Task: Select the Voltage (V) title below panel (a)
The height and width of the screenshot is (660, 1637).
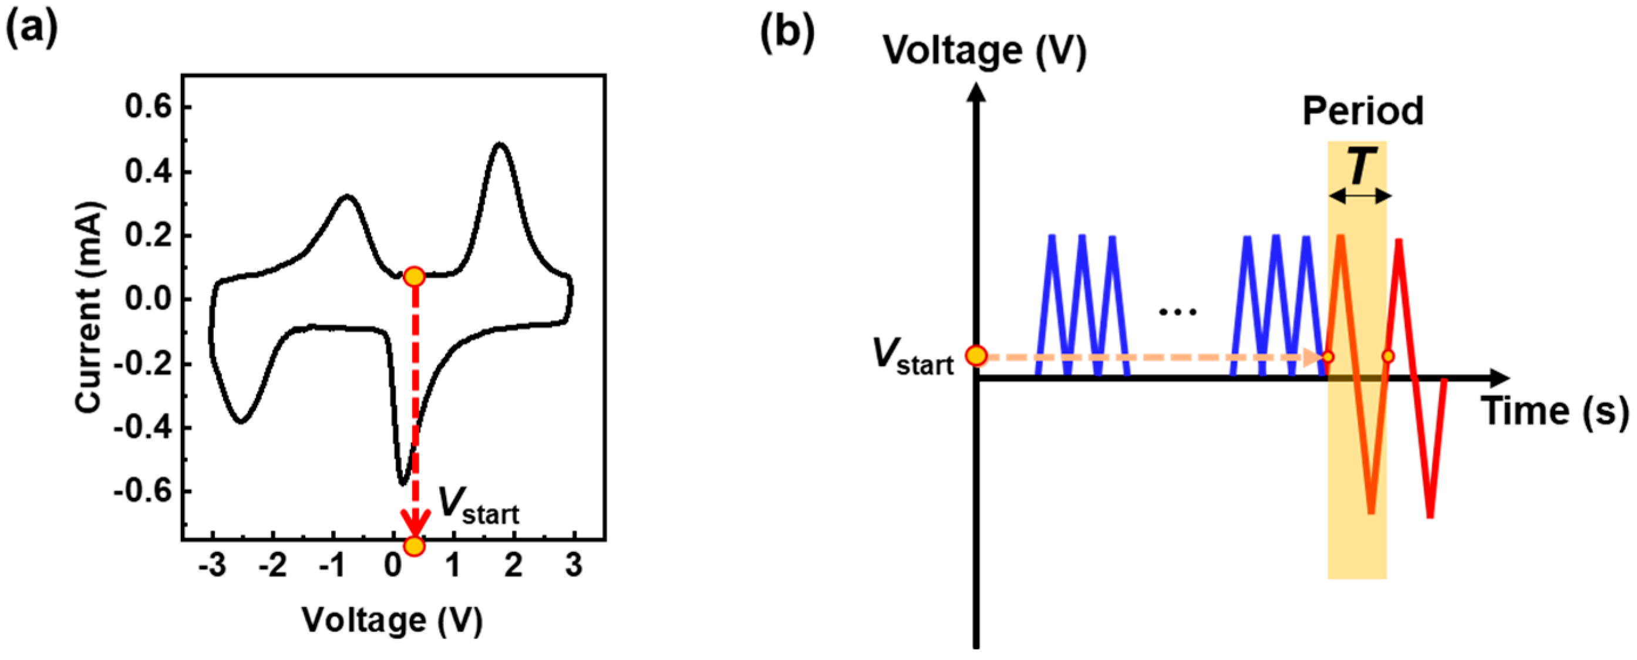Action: coord(392,621)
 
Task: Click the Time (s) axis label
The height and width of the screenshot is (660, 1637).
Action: coord(1555,410)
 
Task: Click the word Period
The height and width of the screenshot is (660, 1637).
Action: coord(1363,111)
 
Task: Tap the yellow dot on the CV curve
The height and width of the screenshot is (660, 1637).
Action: coord(414,277)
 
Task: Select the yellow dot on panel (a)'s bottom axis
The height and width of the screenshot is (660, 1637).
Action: coord(414,545)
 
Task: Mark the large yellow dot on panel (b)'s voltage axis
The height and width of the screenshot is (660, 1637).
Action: coord(976,356)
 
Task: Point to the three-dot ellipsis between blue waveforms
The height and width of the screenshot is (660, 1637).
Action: coord(1177,312)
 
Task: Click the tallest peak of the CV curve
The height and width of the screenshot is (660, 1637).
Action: coord(500,145)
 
